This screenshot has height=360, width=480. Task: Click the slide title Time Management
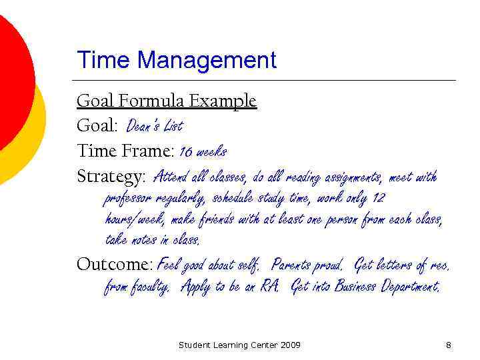[x=177, y=61]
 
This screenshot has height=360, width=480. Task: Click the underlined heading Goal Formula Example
[x=167, y=101]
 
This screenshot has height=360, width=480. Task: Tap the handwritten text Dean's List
[x=154, y=126]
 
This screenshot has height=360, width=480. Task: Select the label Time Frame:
[x=126, y=151]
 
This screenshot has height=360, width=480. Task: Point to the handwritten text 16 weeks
[x=203, y=152]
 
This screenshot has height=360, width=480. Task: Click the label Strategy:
[x=111, y=177]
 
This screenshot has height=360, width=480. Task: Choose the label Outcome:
[x=115, y=265]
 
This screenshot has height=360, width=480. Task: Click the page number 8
[x=449, y=345]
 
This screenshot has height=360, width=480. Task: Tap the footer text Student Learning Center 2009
[x=239, y=345]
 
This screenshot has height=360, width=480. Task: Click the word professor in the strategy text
[x=129, y=199]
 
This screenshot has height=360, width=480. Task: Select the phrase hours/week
[x=134, y=219]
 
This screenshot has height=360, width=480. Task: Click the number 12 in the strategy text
[x=378, y=198]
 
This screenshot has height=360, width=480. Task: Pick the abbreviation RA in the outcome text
[x=269, y=287]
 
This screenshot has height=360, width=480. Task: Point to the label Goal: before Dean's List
[x=97, y=126]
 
